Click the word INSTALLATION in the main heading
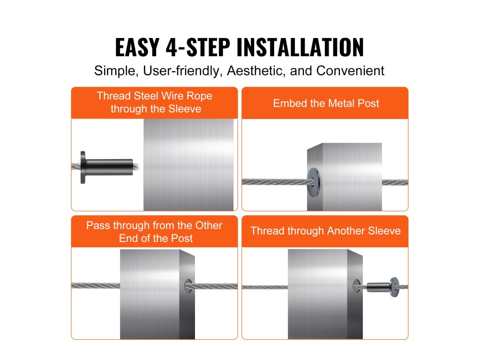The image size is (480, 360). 300,47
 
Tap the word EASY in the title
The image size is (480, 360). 137,47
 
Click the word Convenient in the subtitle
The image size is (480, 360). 350,71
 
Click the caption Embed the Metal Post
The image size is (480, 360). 326,104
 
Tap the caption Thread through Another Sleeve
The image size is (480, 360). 325,231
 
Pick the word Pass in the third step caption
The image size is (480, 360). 98,225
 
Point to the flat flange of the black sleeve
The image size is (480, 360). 82,167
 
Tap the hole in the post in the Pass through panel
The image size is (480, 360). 188,286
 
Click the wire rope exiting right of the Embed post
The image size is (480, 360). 395,182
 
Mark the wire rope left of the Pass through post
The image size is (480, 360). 96,285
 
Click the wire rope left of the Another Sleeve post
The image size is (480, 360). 265,287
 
